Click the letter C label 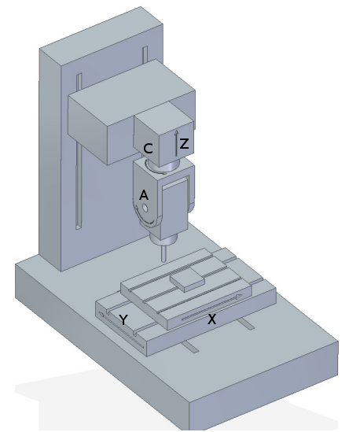[148, 147]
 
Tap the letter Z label [183, 144]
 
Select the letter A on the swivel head [143, 194]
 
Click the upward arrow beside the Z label [175, 141]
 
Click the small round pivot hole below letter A [144, 209]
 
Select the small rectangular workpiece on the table [186, 279]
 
